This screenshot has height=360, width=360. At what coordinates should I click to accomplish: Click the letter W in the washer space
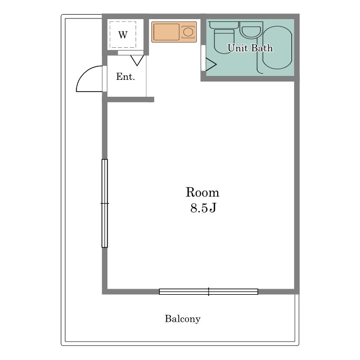tap(123, 35)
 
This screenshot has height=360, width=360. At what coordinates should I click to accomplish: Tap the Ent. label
tap(125, 76)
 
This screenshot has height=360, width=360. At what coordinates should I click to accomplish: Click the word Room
tap(202, 192)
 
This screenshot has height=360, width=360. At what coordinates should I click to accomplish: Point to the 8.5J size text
tap(203, 208)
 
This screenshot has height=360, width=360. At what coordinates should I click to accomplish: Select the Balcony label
tap(182, 319)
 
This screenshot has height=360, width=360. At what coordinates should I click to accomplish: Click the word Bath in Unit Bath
tap(262, 48)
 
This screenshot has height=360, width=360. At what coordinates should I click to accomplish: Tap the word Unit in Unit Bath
tap(238, 48)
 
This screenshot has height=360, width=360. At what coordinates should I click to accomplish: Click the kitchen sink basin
tap(166, 32)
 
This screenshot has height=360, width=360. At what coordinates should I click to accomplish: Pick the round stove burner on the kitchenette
tap(188, 32)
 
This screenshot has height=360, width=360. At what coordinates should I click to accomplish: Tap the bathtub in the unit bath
tap(277, 47)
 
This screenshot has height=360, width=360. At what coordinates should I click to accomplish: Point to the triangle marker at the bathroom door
tap(210, 64)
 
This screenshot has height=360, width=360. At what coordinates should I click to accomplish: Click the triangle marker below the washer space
tap(137, 60)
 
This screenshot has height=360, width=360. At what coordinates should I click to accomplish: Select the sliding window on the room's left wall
tap(105, 204)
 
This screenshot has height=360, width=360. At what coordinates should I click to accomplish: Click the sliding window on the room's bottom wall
tap(209, 291)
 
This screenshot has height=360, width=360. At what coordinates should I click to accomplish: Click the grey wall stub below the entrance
tap(130, 100)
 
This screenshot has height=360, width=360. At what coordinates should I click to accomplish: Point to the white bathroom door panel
tap(203, 58)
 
